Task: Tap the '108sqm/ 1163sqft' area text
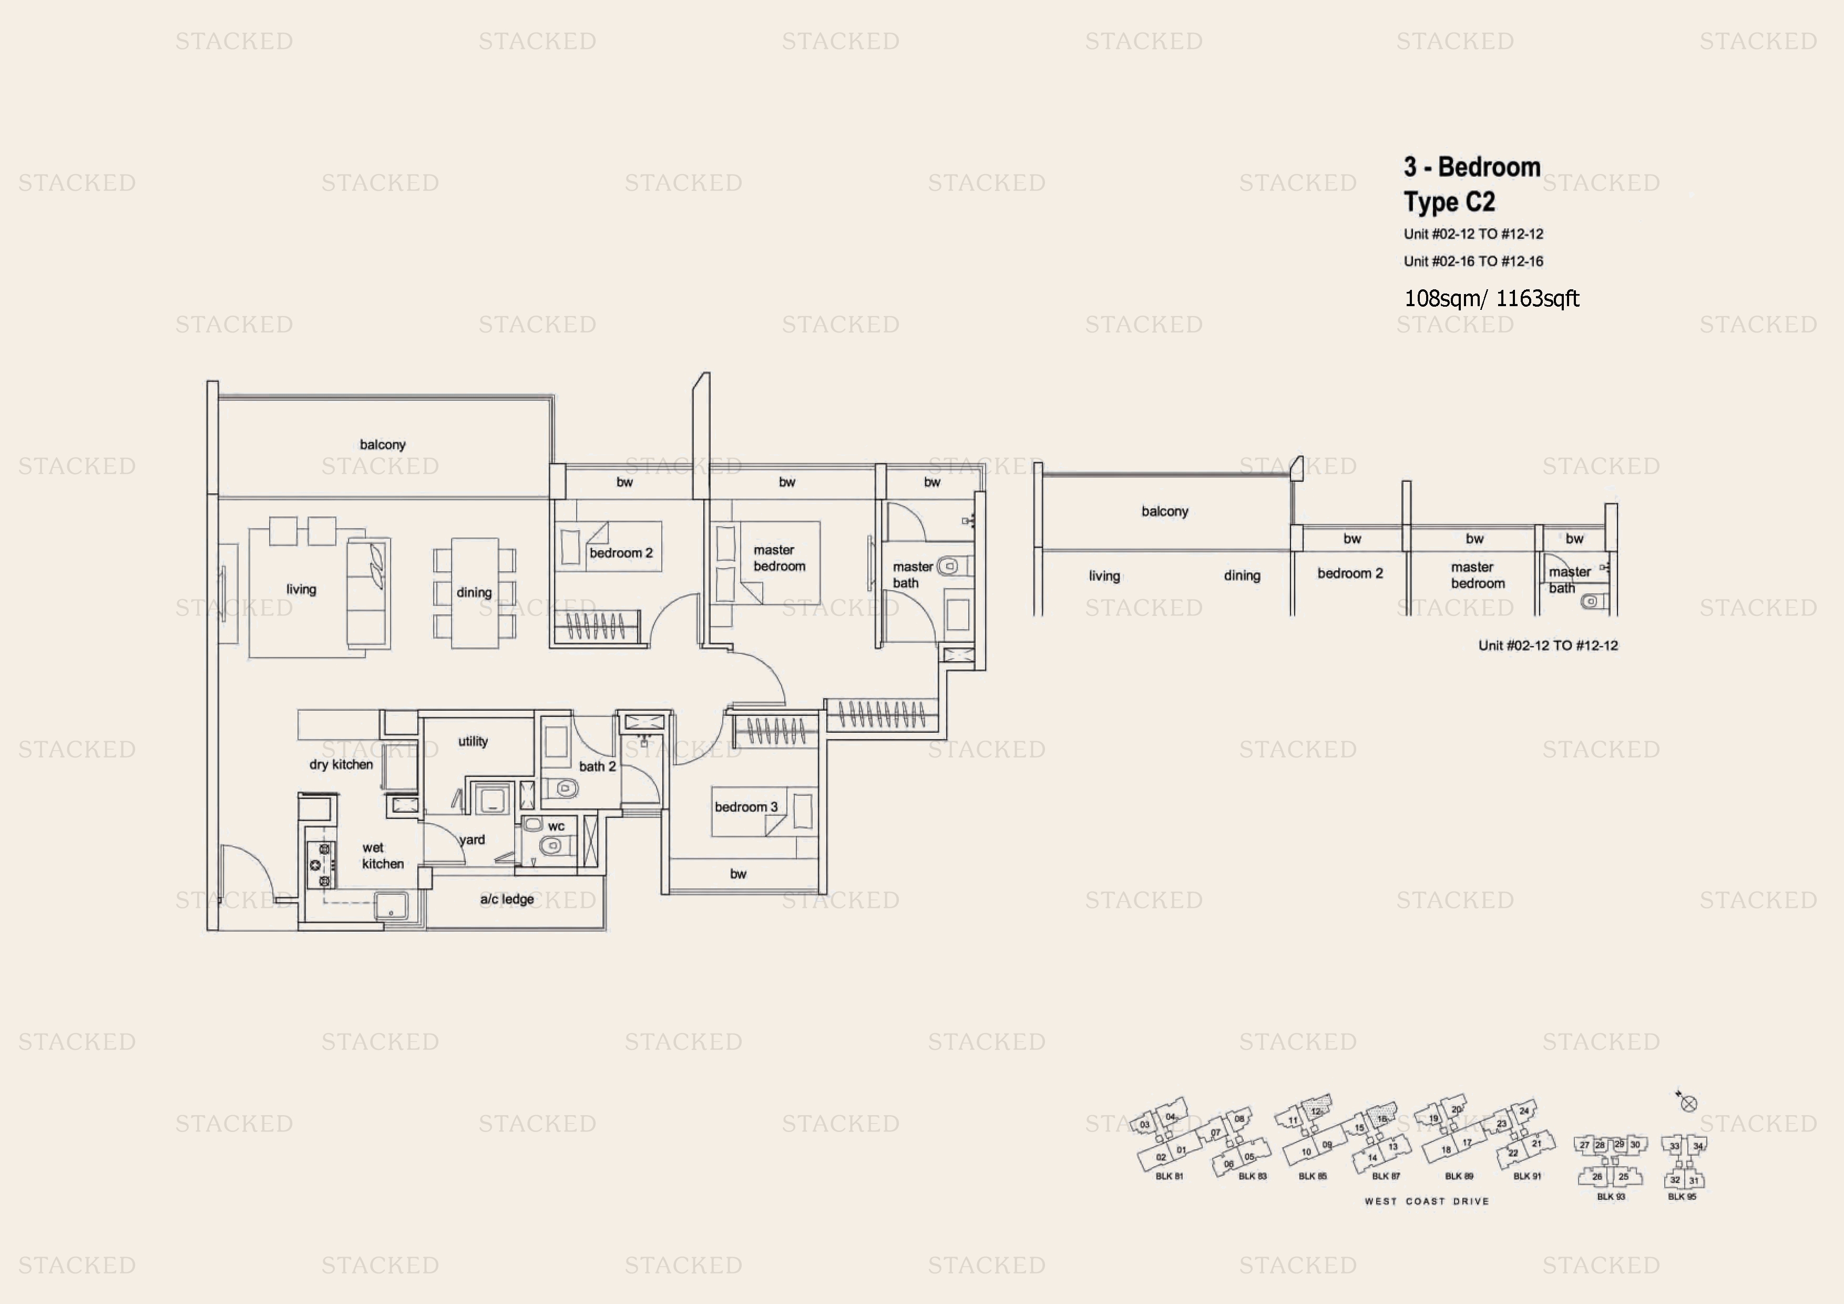point(1491,299)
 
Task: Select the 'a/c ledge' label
point(507,899)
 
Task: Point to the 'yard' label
point(472,840)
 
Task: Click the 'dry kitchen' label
point(341,764)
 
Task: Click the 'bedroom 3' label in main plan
point(746,807)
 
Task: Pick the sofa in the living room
point(368,593)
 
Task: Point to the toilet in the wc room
point(551,845)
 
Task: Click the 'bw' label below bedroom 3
point(738,874)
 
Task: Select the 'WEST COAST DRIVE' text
point(1427,1201)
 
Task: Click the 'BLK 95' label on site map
point(1682,1196)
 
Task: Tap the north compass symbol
point(1688,1103)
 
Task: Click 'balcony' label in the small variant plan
point(1164,511)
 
